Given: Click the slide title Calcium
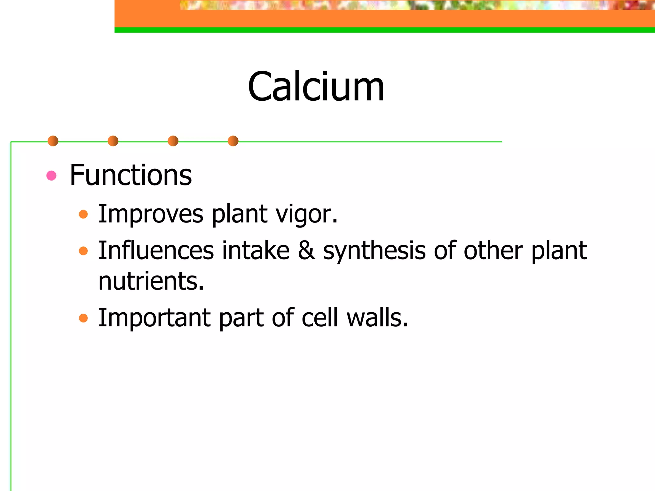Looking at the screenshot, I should point(316,87).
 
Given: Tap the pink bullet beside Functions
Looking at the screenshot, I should point(51,175).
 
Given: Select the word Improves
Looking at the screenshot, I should point(151,214).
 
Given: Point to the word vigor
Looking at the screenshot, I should point(306,214).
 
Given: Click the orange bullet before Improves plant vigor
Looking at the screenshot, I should point(83,214).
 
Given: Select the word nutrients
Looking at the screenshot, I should point(151,281).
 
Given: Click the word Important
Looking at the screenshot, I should point(154,318).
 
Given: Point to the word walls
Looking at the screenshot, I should point(377,318).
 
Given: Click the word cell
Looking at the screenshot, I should point(320,318).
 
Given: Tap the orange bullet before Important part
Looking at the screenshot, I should point(83,318).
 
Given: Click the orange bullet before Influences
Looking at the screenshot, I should point(83,251).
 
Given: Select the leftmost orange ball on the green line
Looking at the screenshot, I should point(53,141).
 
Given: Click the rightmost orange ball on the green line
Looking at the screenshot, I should point(233,141).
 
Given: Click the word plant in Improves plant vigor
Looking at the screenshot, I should point(240,214).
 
